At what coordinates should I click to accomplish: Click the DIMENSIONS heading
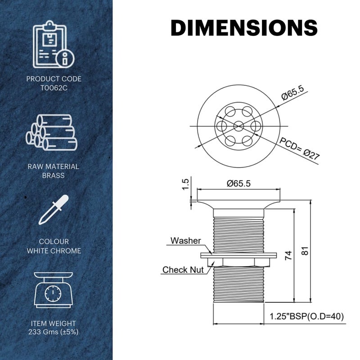point(244,27)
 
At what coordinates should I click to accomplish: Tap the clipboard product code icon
point(54,44)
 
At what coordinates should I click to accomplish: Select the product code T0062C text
point(54,88)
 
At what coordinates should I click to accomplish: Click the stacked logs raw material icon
point(52,132)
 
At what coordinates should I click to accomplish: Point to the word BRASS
point(53,175)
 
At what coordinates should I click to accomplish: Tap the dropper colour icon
point(54,210)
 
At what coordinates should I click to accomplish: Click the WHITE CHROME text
point(54,251)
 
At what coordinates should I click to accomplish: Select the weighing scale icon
point(53,290)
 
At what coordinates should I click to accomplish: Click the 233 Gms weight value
point(53,332)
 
